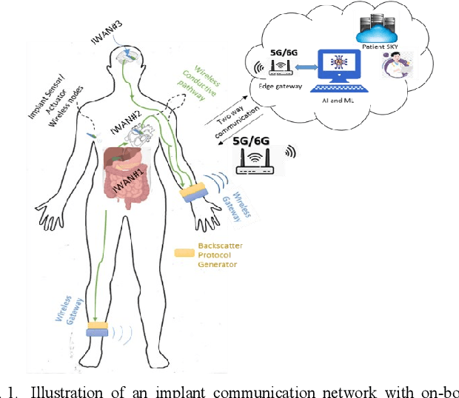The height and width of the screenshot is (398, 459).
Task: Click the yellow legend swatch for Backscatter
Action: pyautogui.click(x=184, y=253)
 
